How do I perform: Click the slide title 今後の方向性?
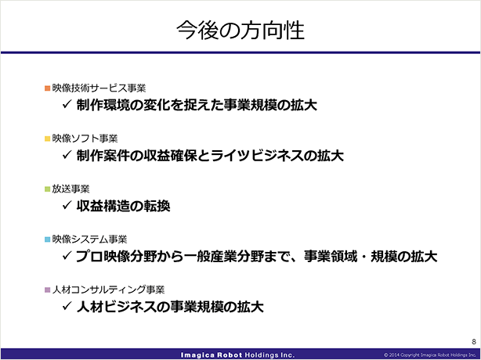pyautogui.click(x=240, y=31)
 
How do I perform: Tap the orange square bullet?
pyautogui.click(x=47, y=88)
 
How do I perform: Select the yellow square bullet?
pyautogui.click(x=47, y=139)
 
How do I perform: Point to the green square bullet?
pyautogui.click(x=47, y=189)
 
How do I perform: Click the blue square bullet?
pyautogui.click(x=47, y=239)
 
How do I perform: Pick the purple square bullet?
pyautogui.click(x=47, y=290)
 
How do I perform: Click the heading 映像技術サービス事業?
pyautogui.click(x=99, y=88)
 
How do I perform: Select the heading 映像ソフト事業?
pyautogui.click(x=85, y=139)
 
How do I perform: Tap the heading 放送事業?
pyautogui.click(x=71, y=189)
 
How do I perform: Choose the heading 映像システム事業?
pyautogui.click(x=89, y=239)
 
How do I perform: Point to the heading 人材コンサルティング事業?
pyautogui.click(x=108, y=290)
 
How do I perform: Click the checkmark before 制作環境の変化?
pyautogui.click(x=67, y=104)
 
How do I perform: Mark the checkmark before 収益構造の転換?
pyautogui.click(x=67, y=205)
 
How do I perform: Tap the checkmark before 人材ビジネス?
pyautogui.click(x=67, y=306)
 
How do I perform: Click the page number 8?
pyautogui.click(x=474, y=342)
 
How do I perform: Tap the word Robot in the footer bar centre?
pyautogui.click(x=230, y=355)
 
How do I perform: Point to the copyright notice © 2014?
pyautogui.click(x=432, y=355)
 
